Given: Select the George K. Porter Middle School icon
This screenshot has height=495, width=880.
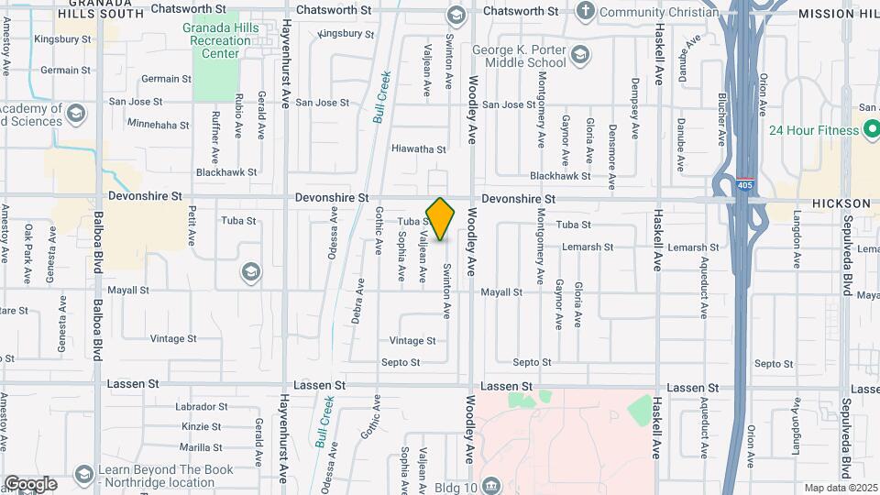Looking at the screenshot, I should tap(578, 57).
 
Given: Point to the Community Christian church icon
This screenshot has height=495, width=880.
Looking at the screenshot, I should tap(586, 12).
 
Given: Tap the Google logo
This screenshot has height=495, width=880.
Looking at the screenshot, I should tap(30, 484).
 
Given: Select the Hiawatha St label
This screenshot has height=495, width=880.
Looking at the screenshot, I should tap(418, 148).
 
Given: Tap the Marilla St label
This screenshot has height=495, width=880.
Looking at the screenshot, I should tap(202, 447).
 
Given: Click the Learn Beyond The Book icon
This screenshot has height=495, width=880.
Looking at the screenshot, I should tap(85, 474).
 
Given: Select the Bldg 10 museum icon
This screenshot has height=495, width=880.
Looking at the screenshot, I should tap(492, 485).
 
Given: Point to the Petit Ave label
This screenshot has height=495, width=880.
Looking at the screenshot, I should tap(192, 225).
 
